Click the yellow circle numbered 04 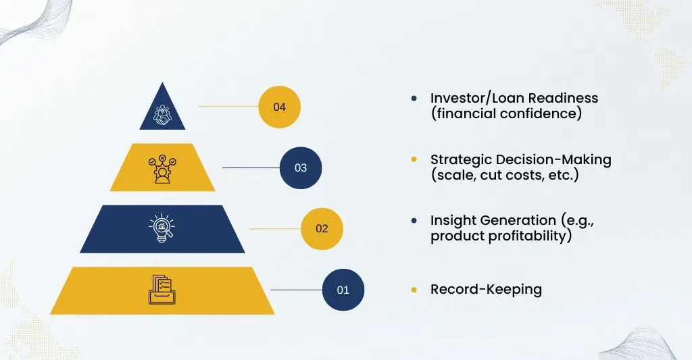(x=279, y=107)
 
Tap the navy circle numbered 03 (x=301, y=168)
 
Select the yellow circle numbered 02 (x=322, y=228)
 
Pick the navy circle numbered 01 (x=343, y=290)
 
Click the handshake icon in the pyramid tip (x=162, y=115)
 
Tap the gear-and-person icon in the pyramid (x=162, y=169)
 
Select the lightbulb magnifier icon (x=162, y=228)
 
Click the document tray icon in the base (x=162, y=289)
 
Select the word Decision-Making (x=551, y=160)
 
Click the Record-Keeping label (x=486, y=290)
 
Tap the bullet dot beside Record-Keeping (x=414, y=290)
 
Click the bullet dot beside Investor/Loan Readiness (x=414, y=99)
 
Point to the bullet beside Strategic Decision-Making (x=414, y=159)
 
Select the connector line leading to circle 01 (x=296, y=290)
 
